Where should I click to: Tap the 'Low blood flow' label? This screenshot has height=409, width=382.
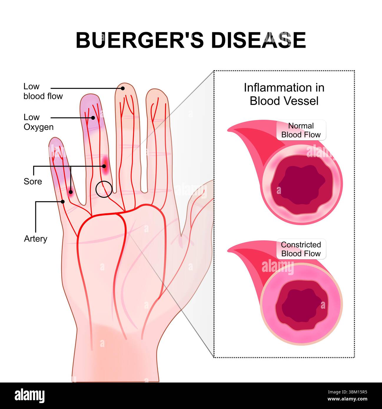click(x=43, y=91)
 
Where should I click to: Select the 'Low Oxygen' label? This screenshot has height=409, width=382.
click(x=39, y=122)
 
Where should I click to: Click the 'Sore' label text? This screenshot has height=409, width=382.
click(x=33, y=182)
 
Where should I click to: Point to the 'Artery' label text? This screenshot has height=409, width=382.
click(x=35, y=239)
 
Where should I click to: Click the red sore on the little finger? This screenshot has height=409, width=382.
click(x=70, y=192)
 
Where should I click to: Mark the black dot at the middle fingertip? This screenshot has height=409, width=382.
click(x=123, y=88)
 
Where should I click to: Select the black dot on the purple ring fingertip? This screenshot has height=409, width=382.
click(x=93, y=118)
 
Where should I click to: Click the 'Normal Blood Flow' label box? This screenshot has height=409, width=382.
click(x=301, y=130)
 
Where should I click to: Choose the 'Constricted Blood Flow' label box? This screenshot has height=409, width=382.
click(x=301, y=249)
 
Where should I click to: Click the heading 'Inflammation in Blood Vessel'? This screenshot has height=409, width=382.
click(x=284, y=94)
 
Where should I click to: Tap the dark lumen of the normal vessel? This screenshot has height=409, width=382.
click(x=301, y=184)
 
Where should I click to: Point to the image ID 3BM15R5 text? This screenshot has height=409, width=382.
click(x=347, y=392)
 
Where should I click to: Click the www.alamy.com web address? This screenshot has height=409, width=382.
click(x=347, y=399)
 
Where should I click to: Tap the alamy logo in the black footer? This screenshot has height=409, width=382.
click(x=29, y=396)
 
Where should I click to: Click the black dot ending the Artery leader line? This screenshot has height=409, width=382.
click(x=63, y=202)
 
